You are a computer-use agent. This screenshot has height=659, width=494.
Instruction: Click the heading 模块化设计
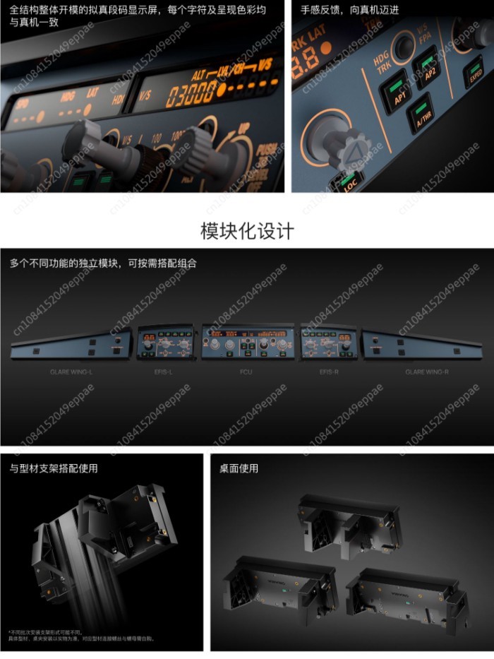click(247, 231)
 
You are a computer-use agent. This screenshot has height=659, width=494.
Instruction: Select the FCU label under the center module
click(246, 372)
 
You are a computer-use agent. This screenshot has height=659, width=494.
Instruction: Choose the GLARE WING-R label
click(426, 372)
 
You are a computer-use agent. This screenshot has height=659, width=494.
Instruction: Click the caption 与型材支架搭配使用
click(54, 468)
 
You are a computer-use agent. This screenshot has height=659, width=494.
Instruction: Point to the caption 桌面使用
click(239, 468)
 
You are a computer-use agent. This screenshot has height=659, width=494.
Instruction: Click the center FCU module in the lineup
click(246, 343)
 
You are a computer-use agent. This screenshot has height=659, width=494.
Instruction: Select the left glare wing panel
click(71, 345)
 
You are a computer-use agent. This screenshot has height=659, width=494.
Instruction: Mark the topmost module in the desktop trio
click(349, 523)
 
